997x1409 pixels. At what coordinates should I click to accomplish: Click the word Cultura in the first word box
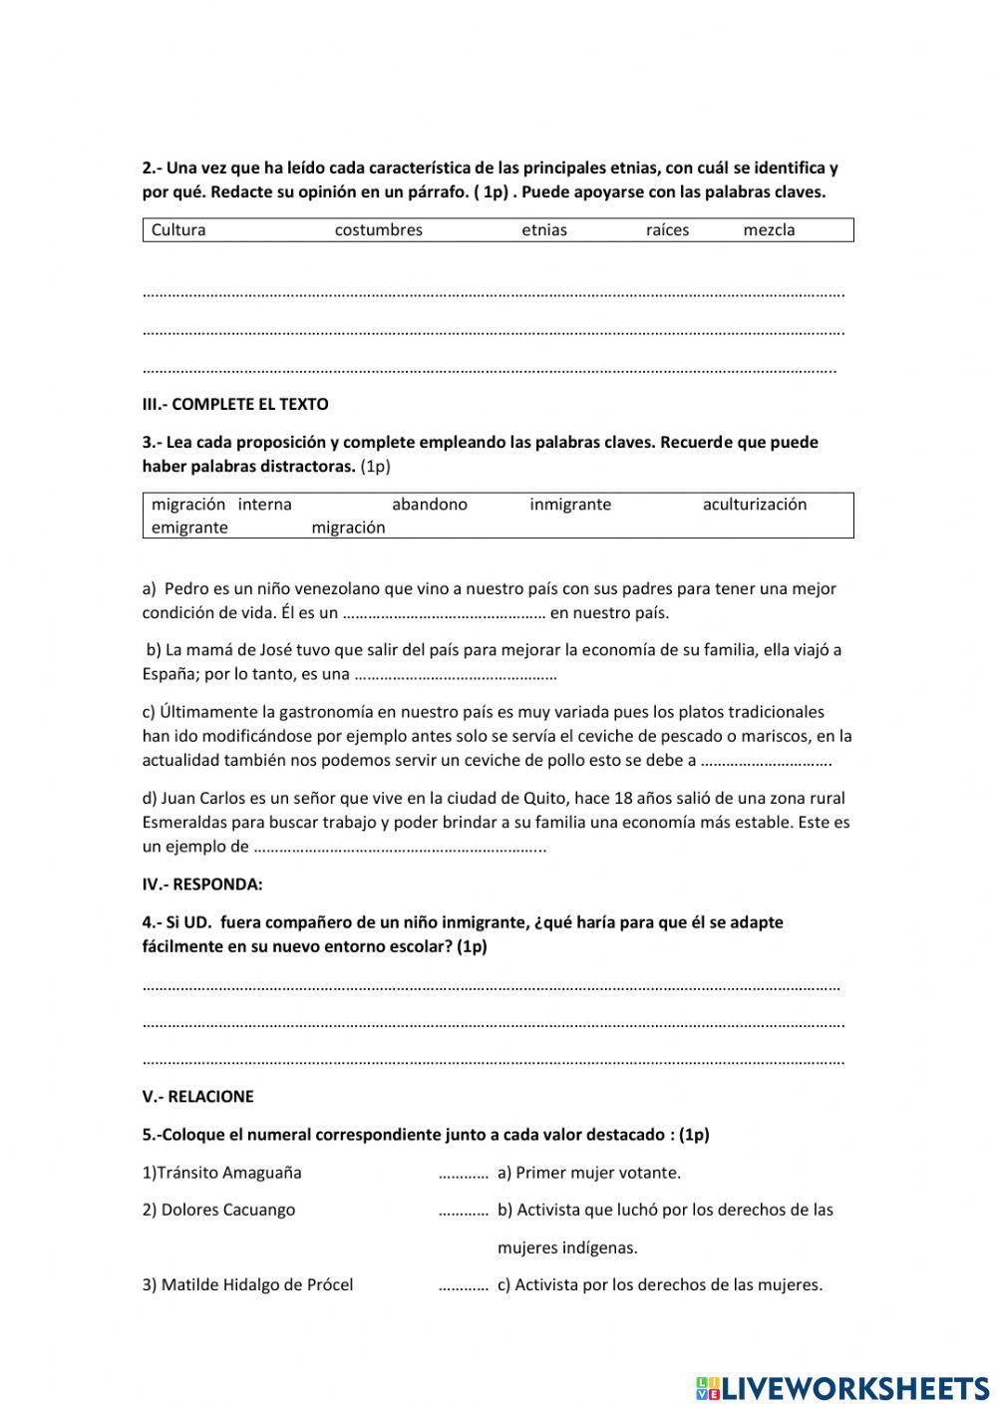(x=178, y=230)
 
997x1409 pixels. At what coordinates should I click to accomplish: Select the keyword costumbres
(x=378, y=230)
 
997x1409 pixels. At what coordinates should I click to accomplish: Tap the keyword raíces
(x=667, y=230)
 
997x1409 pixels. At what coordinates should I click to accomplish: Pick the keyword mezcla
(x=769, y=230)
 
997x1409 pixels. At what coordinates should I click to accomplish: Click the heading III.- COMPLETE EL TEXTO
(x=235, y=405)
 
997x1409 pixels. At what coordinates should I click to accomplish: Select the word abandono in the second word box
(x=429, y=505)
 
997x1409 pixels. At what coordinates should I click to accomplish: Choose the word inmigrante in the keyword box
(x=570, y=505)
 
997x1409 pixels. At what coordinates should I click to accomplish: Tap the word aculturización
(x=755, y=505)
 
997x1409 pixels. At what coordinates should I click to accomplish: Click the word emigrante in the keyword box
(x=189, y=528)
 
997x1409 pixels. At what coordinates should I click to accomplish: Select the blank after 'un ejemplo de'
(x=399, y=849)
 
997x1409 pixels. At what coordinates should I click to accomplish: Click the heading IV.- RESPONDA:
(x=202, y=884)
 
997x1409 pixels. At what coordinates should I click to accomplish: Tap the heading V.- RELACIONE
(x=197, y=1097)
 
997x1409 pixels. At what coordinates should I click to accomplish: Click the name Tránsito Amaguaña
(x=221, y=1173)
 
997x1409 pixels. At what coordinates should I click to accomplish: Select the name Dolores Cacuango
(x=218, y=1211)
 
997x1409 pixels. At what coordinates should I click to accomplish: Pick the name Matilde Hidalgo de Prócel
(x=247, y=1285)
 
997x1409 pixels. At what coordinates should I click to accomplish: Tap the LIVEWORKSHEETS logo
(x=841, y=1387)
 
